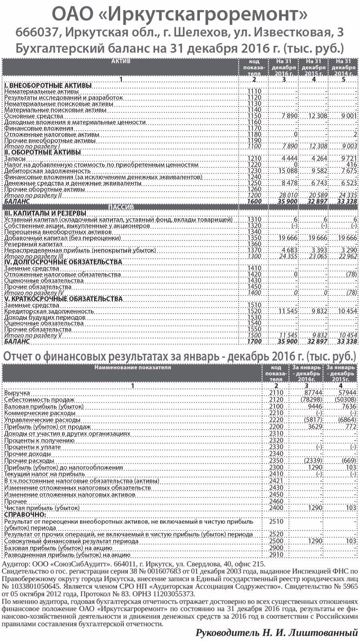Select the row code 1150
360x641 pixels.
click(254, 116)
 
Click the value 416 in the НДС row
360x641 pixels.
click(351, 165)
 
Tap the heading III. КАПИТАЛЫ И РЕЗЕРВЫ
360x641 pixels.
click(45, 213)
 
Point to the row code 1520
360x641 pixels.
click(254, 311)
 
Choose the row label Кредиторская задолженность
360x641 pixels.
click(49, 311)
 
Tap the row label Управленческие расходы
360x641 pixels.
click(42, 420)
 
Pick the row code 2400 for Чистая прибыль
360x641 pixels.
click(276, 508)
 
